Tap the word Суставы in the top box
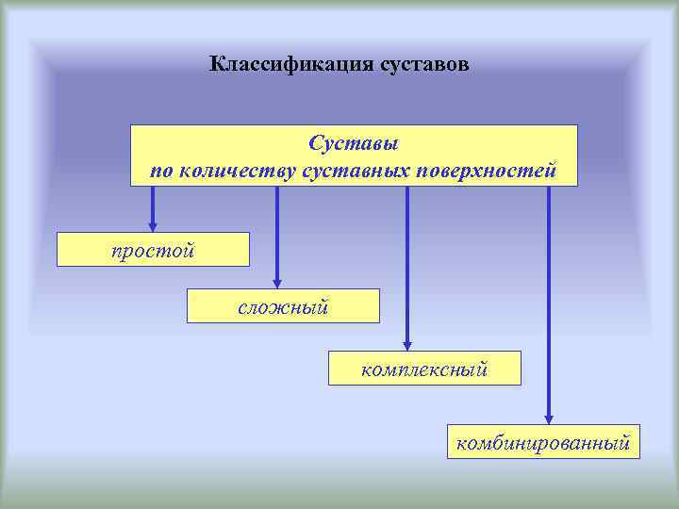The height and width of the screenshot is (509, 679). [354, 145]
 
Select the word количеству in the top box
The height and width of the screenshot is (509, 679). [238, 171]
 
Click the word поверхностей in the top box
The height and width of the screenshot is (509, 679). [488, 171]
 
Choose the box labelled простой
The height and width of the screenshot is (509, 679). [153, 250]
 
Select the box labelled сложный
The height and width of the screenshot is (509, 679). [283, 306]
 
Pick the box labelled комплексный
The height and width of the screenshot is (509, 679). [424, 368]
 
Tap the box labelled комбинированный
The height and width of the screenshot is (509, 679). [543, 441]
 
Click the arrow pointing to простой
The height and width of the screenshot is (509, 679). [153, 207]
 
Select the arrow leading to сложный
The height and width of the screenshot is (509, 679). [277, 236]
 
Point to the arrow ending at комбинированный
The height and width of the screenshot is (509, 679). [549, 302]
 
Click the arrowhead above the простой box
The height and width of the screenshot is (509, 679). [153, 226]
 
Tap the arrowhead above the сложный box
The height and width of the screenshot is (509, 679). [277, 282]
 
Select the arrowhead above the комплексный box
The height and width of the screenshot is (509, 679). [407, 344]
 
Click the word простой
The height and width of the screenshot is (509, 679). [153, 250]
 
